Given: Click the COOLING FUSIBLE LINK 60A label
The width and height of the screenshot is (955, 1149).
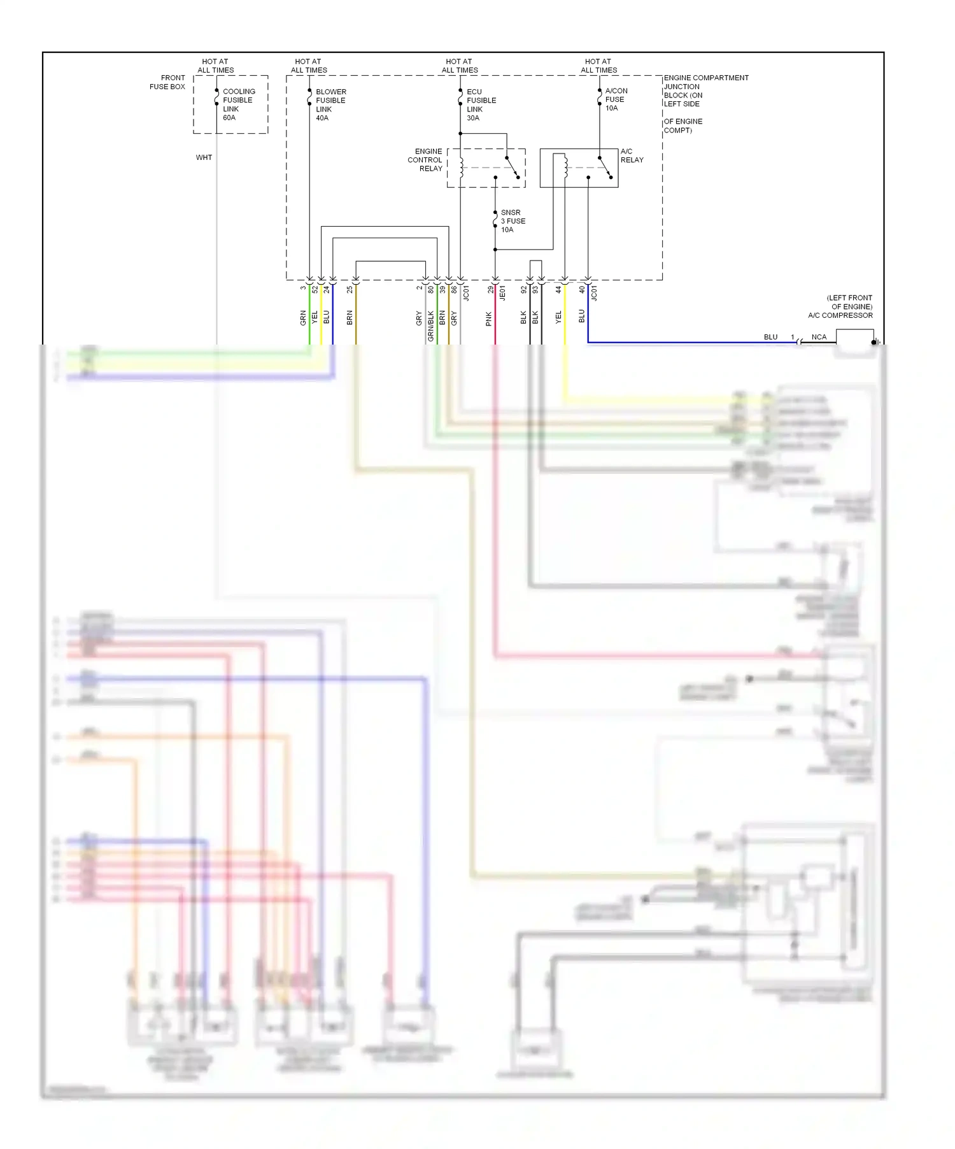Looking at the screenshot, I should [238, 104].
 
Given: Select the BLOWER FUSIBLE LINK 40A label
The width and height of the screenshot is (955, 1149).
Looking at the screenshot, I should [330, 104].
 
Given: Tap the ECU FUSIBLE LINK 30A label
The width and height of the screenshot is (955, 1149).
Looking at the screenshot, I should [481, 104].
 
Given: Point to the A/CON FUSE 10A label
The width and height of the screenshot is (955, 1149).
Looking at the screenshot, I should [616, 99].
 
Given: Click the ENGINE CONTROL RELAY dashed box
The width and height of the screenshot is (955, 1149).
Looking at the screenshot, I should [486, 168].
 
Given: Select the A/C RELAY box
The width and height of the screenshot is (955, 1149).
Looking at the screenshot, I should [578, 168].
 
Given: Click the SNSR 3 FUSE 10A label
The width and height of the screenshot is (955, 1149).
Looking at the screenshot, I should [513, 221].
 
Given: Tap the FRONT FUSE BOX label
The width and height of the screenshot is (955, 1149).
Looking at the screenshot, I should [167, 82].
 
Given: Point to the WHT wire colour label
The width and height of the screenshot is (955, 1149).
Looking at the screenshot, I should [204, 157].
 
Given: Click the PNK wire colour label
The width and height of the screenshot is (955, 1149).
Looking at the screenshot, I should [489, 318].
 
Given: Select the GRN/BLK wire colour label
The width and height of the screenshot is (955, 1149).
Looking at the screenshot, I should [431, 325].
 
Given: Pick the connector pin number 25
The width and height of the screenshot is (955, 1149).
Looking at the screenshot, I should [350, 289].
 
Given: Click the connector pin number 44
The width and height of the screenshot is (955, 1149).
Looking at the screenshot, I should [558, 289].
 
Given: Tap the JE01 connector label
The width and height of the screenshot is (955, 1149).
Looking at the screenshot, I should [502, 293].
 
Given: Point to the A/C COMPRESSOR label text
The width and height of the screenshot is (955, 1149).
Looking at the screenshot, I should [840, 315].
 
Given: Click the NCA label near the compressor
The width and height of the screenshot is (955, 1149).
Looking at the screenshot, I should [819, 337].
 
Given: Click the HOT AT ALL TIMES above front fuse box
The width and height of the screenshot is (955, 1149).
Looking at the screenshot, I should [215, 66].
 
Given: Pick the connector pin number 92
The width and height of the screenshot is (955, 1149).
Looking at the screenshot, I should [524, 289].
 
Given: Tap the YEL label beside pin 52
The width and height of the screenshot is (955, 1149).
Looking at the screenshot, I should [315, 317].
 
